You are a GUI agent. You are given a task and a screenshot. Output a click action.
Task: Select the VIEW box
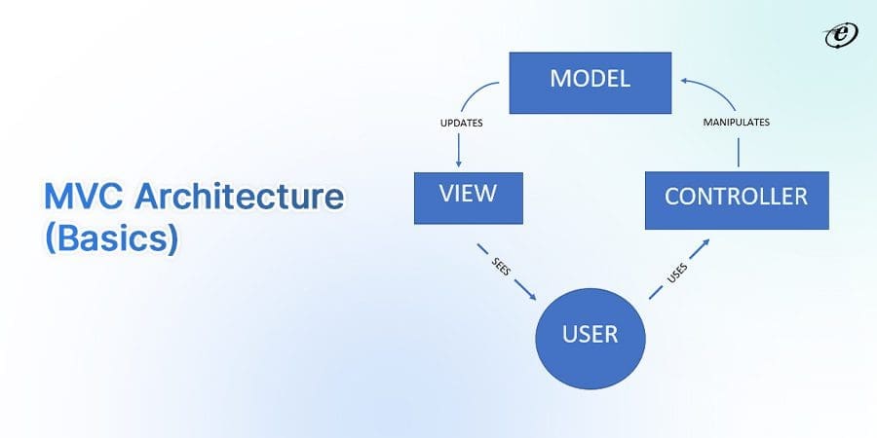(468, 197)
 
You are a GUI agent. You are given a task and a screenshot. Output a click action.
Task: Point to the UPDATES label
(462, 125)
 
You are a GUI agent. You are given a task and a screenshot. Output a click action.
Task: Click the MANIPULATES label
(738, 123)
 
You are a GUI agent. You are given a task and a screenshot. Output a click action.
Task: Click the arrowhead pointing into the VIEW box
(458, 165)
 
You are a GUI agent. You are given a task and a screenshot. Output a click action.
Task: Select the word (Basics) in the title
(111, 239)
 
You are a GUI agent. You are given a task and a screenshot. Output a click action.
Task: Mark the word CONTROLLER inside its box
(736, 197)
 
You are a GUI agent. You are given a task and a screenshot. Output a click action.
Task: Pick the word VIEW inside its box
(468, 193)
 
